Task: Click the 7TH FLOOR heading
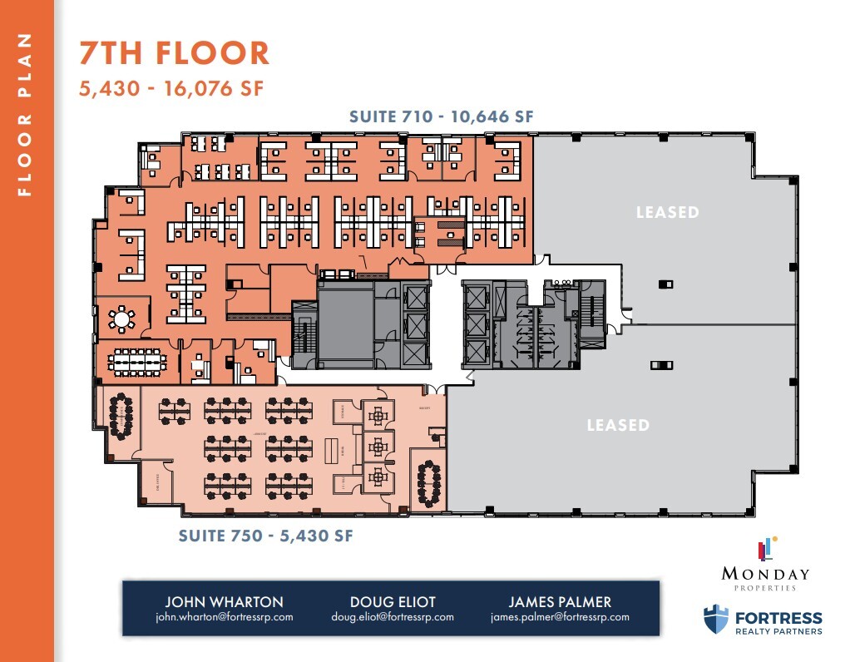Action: tap(175, 53)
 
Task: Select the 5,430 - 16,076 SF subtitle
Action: tap(171, 88)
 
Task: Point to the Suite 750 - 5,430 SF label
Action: tap(266, 536)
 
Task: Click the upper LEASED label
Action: tap(667, 212)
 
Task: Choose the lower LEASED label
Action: tap(618, 425)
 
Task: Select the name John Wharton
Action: tap(224, 601)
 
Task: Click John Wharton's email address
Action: tap(224, 617)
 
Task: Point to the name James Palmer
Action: tap(560, 601)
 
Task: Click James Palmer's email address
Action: tap(560, 617)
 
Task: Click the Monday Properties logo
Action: tap(765, 566)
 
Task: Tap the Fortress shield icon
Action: tap(715, 620)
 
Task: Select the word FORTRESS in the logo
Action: tap(778, 618)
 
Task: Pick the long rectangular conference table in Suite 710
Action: tap(138, 362)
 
